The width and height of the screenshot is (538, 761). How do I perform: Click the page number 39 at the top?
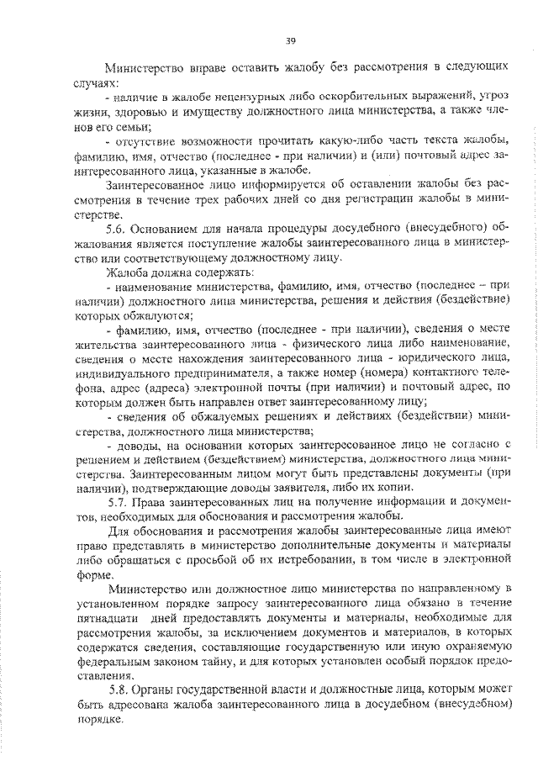click(290, 40)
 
